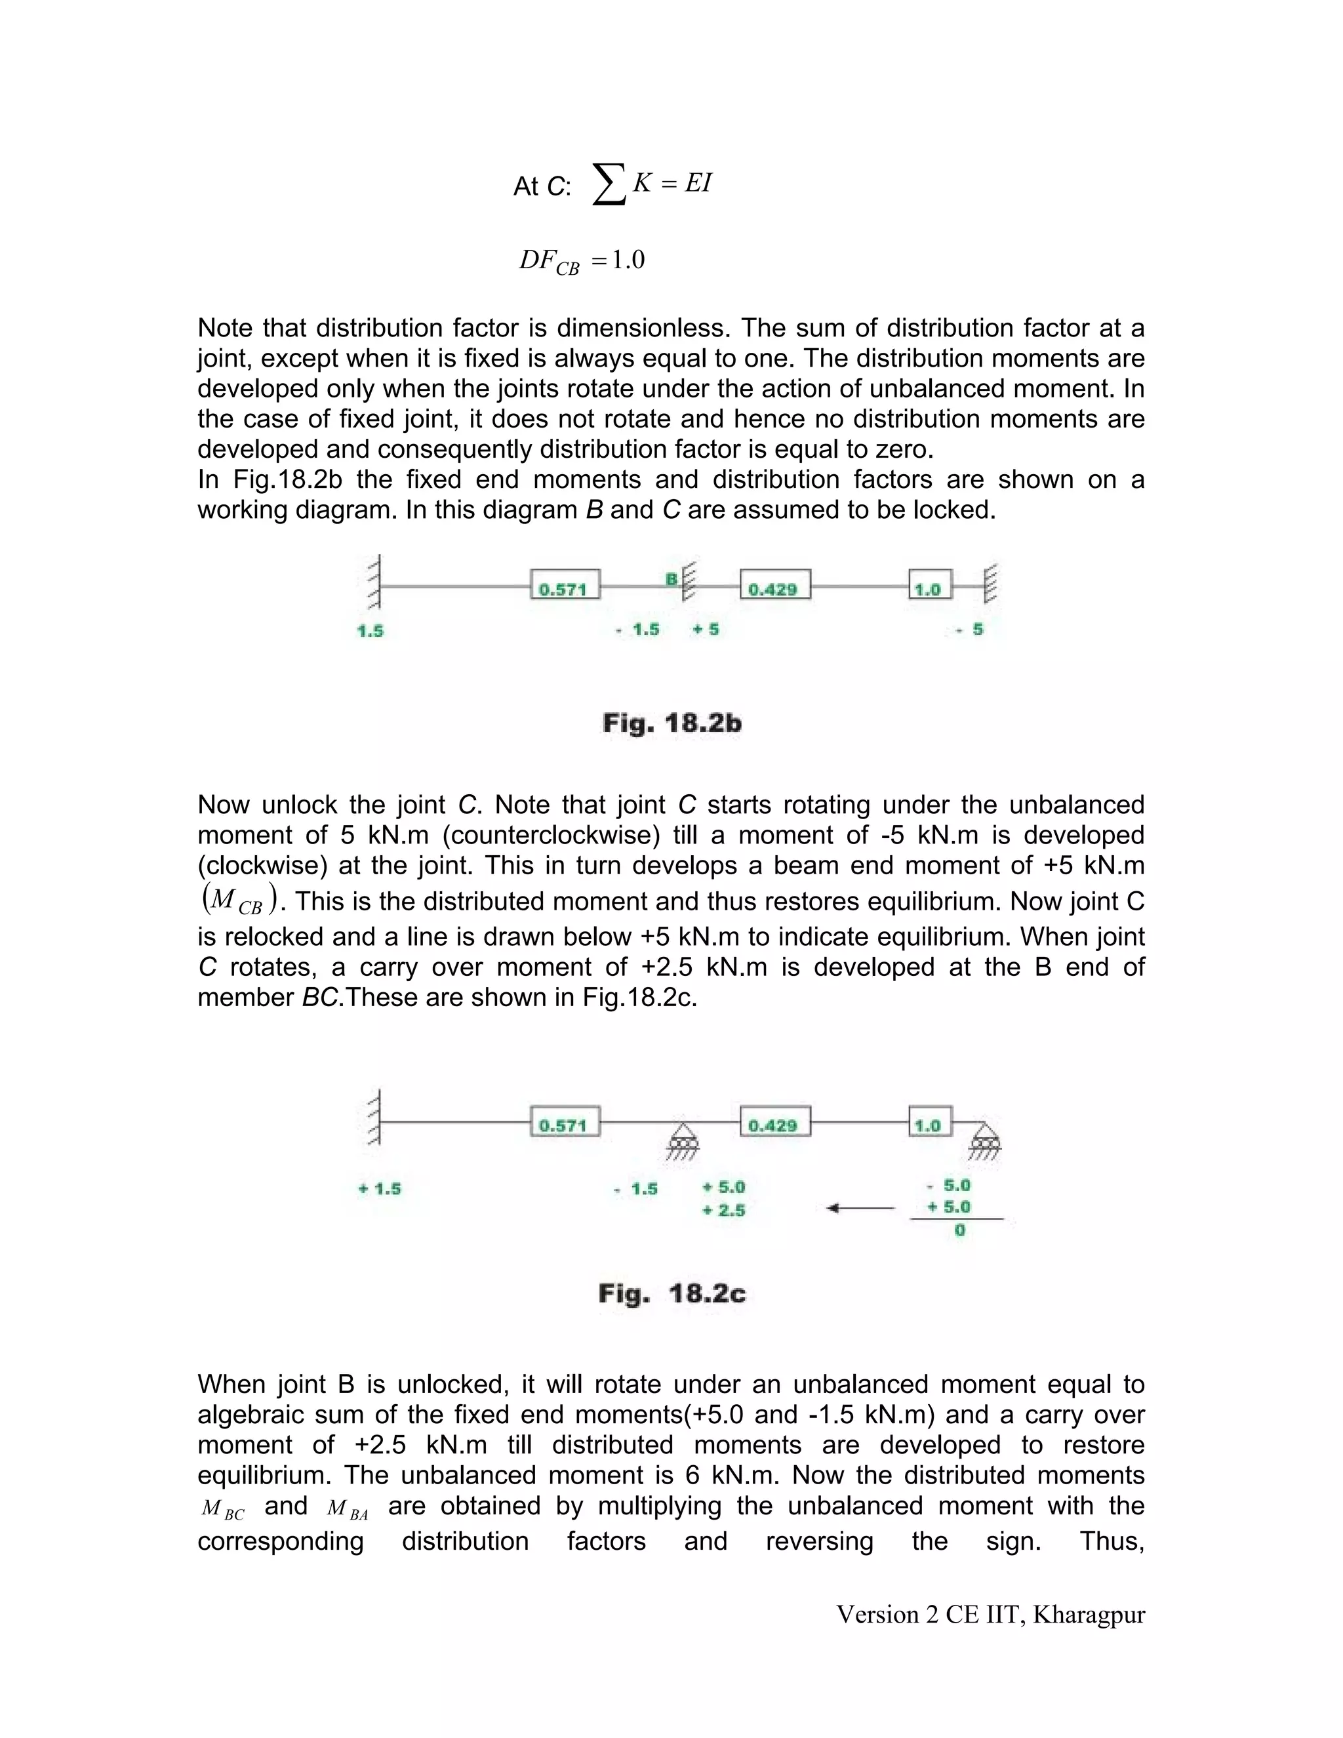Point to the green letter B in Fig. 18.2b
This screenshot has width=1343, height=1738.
coord(671,579)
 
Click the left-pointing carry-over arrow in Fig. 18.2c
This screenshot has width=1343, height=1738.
coord(861,1209)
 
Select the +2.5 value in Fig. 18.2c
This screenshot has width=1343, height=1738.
coord(724,1211)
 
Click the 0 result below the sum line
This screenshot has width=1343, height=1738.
coord(959,1230)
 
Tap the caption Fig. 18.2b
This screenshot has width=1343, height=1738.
coord(672,723)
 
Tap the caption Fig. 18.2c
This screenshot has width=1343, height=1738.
coord(672,1294)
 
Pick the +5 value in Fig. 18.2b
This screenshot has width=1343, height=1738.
coord(706,629)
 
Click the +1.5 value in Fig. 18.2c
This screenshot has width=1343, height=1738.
coord(380,1189)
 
